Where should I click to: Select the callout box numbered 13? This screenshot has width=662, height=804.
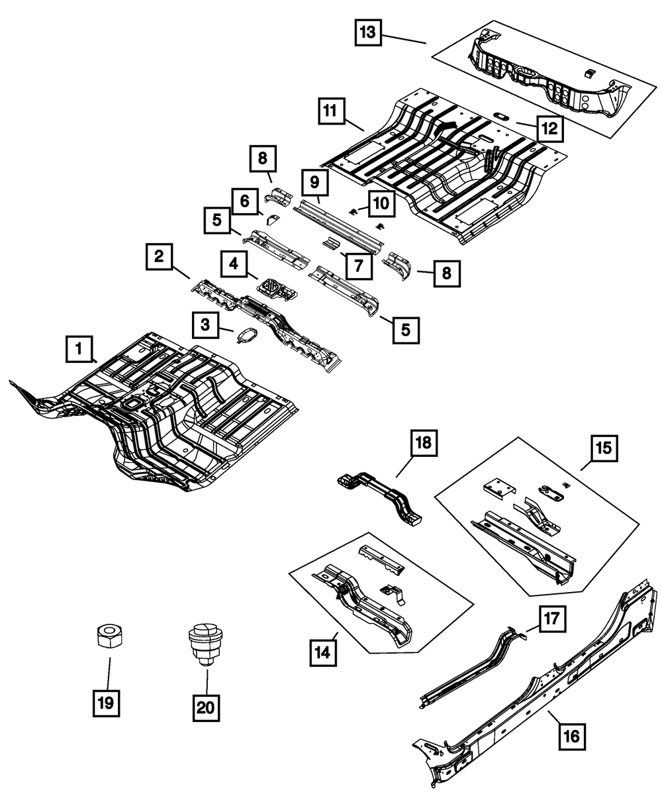pos(368,32)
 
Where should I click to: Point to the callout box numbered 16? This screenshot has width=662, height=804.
pos(572,735)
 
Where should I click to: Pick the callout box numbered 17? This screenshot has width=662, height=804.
pos(551,620)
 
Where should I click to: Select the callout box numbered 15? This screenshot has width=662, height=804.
pos(602,452)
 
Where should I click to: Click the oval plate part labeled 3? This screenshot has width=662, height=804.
pos(246,336)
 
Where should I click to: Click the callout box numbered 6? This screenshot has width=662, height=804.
pos(244,201)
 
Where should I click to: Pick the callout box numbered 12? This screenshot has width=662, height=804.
pos(549,128)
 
